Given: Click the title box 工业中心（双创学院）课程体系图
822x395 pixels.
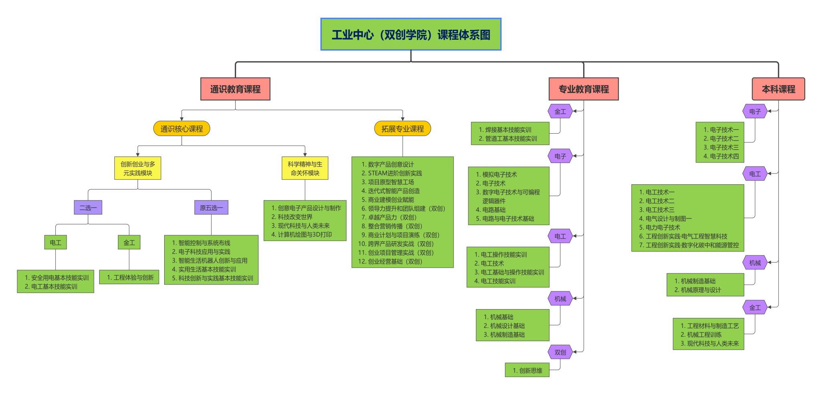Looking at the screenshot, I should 411,35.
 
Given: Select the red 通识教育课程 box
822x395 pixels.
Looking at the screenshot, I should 235,89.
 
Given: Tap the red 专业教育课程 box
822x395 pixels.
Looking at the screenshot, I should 584,89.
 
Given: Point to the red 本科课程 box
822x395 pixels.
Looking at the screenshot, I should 778,89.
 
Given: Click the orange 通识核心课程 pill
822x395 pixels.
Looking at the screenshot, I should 181,129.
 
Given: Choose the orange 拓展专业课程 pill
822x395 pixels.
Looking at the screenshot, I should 403,129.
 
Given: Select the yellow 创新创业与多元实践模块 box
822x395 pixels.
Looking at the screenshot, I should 138,168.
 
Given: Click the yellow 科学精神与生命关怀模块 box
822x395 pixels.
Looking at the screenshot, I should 305,168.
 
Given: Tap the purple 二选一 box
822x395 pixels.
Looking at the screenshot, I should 88,208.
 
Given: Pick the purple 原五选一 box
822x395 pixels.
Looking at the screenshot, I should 211,208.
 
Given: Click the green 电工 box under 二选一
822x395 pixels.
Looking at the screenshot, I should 55,242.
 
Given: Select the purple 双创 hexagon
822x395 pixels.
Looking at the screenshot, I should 560,352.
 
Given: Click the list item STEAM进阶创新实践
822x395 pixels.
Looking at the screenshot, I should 395,173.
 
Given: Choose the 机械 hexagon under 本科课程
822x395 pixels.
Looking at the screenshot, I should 755,263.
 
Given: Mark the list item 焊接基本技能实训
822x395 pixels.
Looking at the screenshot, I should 508,130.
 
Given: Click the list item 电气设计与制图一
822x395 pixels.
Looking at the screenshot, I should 668,218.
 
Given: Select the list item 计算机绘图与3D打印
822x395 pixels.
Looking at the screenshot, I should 305,234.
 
